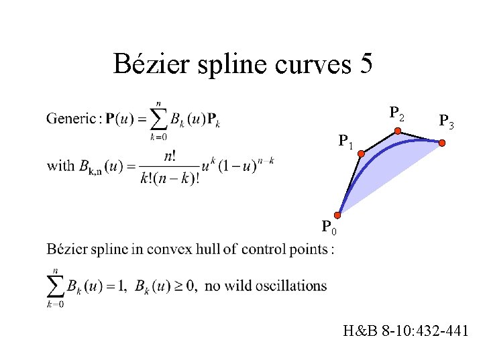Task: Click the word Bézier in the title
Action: pos(152,64)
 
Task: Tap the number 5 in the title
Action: pos(366,64)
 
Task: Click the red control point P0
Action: pos(339,215)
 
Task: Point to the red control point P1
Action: pos(361,155)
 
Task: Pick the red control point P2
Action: pos(398,131)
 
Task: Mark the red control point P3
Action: pos(443,143)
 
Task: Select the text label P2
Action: pos(397,113)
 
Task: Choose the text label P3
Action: pos(446,121)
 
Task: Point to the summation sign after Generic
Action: pos(160,120)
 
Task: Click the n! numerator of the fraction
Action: pos(164,156)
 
